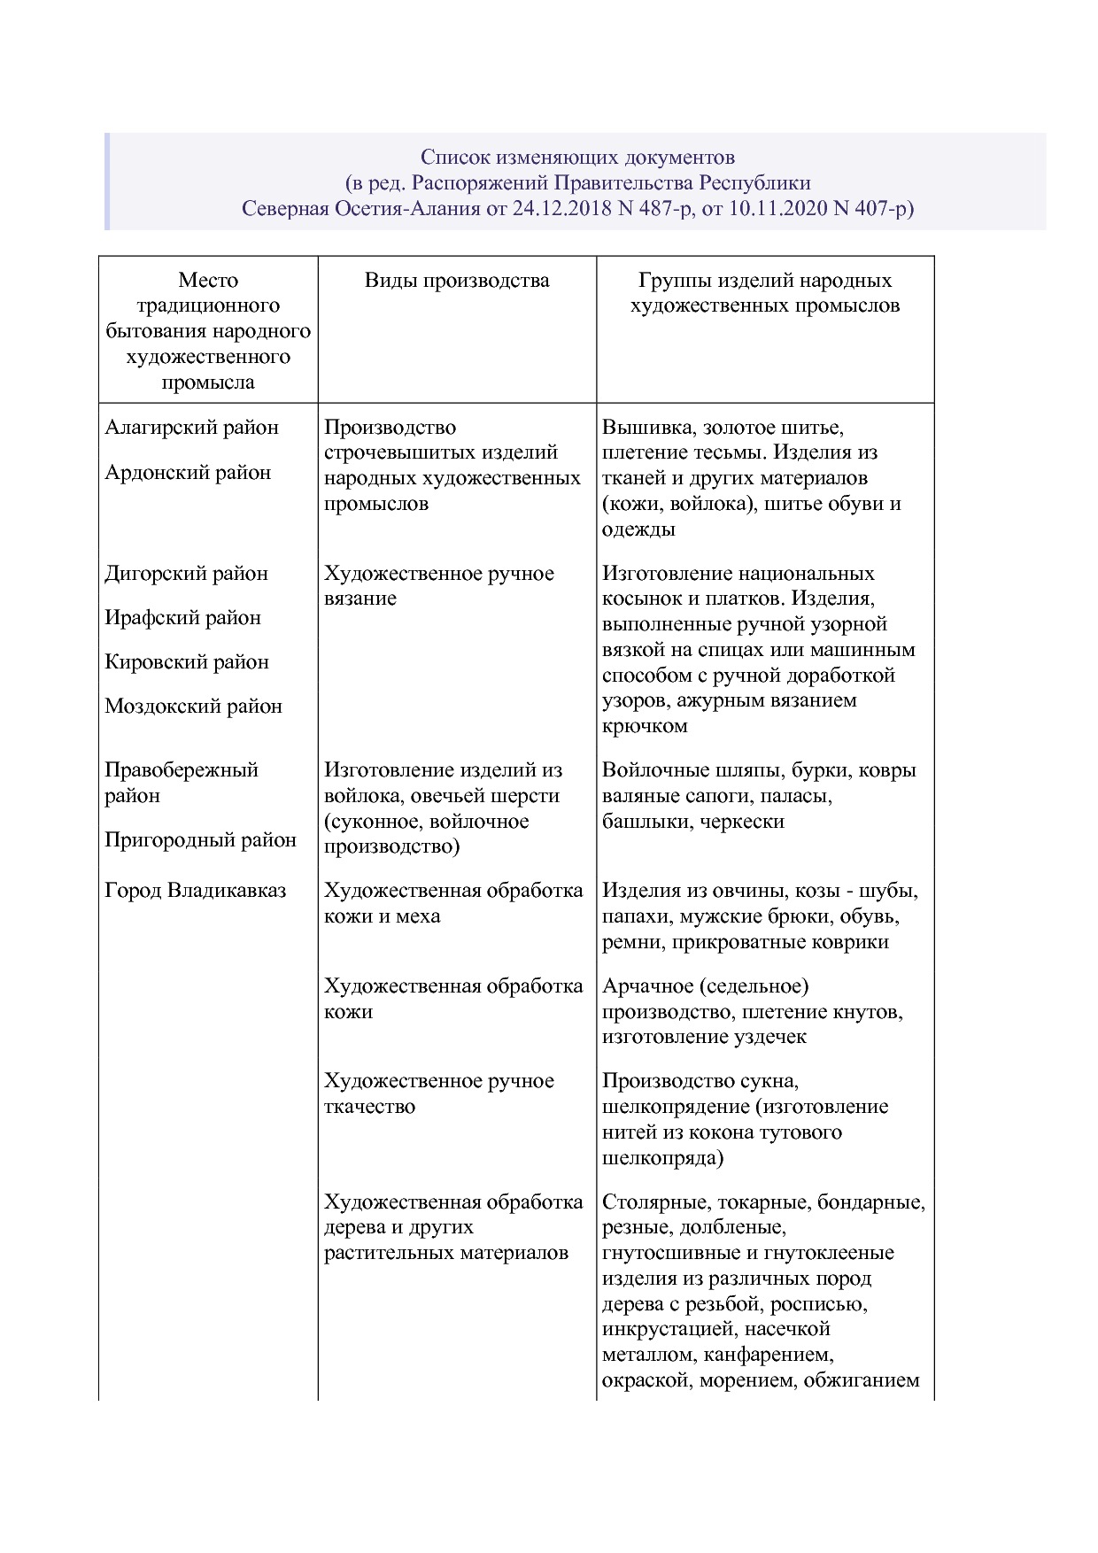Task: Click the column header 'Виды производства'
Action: point(457,281)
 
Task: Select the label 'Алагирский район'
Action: point(191,428)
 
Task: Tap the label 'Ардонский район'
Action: point(188,473)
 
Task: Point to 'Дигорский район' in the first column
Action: point(186,574)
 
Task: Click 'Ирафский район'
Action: point(182,618)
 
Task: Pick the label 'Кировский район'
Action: point(186,662)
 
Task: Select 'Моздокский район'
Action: point(193,707)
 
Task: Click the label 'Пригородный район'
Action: point(200,839)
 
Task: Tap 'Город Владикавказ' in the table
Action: point(195,891)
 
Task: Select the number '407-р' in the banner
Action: point(882,209)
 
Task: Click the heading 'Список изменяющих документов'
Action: point(577,158)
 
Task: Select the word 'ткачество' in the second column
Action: point(369,1107)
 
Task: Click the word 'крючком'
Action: point(645,726)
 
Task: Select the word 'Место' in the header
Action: point(208,281)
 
